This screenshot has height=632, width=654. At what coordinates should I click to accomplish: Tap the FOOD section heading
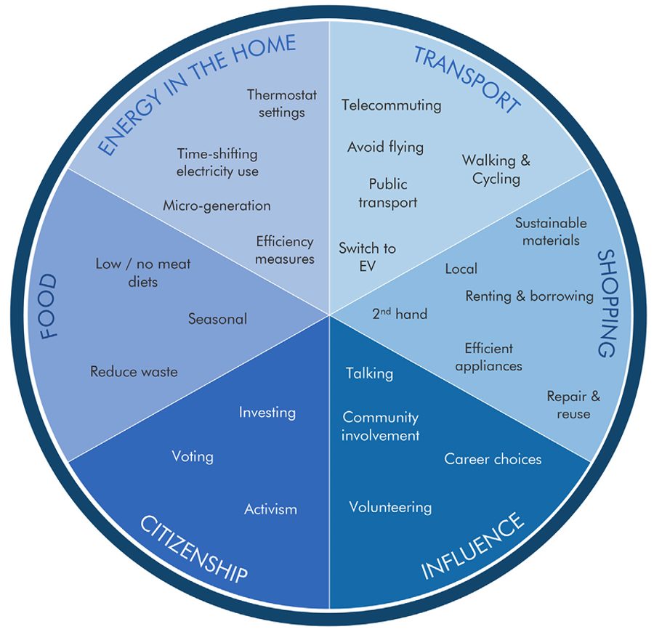[49, 307]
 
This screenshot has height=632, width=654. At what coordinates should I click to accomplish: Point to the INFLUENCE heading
[472, 546]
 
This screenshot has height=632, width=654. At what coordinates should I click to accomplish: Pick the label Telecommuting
[391, 105]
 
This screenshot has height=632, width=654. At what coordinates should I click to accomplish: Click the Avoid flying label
[385, 147]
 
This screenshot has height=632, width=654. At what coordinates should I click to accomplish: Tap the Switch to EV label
[367, 256]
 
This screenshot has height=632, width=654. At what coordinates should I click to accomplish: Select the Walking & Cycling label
[496, 169]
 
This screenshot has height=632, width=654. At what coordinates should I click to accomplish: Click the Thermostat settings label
[276, 103]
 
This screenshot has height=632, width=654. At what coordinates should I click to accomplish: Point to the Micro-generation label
[217, 206]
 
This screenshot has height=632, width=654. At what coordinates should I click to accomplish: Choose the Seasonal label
[217, 319]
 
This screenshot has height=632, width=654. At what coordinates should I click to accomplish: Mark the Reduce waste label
[134, 372]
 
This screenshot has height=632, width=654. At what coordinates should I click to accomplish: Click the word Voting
[193, 457]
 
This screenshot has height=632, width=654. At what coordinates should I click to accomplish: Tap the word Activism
[270, 509]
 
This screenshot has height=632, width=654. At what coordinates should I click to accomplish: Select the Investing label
[267, 413]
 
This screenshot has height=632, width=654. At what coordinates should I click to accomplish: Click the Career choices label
[493, 459]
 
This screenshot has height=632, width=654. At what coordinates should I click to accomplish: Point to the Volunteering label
[390, 507]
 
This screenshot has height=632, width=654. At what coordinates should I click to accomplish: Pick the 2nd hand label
[399, 314]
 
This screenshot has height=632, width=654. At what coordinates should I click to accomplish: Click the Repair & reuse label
[573, 405]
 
